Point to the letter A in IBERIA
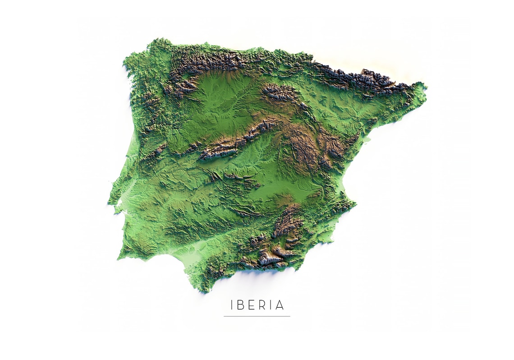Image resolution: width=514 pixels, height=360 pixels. (280, 305)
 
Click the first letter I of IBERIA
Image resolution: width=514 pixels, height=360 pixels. (232, 305)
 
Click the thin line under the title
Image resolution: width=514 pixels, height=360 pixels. (257, 316)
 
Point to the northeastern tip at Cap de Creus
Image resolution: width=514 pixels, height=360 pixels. (424, 86)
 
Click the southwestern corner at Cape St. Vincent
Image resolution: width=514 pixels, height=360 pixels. (119, 258)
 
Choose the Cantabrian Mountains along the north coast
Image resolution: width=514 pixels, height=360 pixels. (212, 61)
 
